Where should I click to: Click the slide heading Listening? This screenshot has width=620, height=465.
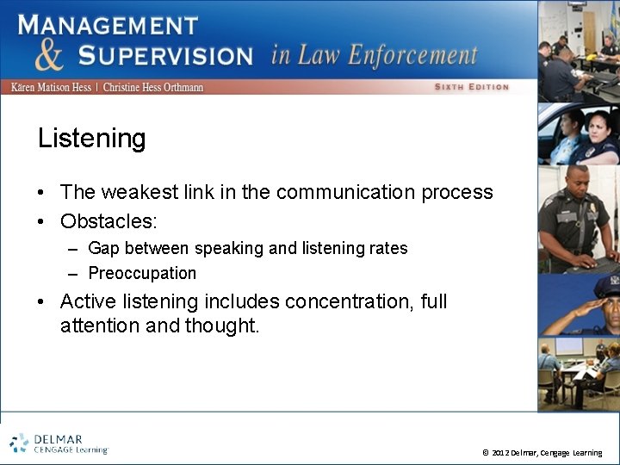coord(91,139)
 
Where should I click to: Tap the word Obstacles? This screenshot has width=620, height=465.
coord(108,221)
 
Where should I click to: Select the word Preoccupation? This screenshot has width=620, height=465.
coord(142,273)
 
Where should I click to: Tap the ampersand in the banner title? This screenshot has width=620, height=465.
coord(50,54)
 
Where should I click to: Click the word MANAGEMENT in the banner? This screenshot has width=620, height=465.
coord(108,23)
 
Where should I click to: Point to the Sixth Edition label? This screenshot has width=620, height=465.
coord(471,87)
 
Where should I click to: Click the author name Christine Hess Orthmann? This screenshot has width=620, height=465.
coord(153,88)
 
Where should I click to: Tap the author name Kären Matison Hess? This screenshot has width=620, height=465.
coord(52,88)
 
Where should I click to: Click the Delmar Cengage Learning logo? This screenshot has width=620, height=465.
coord(59,443)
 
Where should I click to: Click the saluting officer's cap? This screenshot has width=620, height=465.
coord(606,285)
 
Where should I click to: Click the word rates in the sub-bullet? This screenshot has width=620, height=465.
coord(387,248)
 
